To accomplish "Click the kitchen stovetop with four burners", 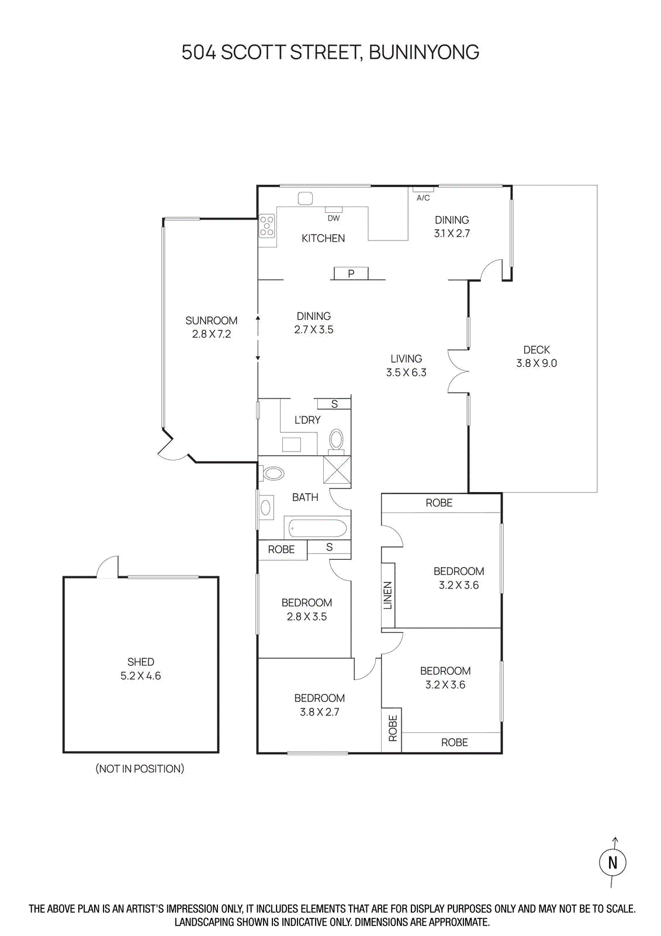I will coord(267,226).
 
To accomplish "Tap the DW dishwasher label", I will coord(334,218).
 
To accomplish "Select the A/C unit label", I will coord(423,198).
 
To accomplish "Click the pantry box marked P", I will coord(351,273).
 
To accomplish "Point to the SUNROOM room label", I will coord(212,321).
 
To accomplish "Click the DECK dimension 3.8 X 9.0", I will coord(537,363).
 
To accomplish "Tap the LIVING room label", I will coord(406,359).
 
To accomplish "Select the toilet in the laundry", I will coord(337,440).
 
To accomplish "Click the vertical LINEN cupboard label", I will coord(387,596).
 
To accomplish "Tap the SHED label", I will coord(141,662).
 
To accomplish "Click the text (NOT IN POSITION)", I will coord(140,769).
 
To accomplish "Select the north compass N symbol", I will coord(612,862).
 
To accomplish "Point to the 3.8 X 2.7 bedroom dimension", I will coord(320,712).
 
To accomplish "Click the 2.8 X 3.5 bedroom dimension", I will coord(307,617).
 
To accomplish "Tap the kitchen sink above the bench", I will coord(305,198).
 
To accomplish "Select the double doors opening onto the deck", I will coord(459,371).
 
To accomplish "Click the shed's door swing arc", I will coord(108,566).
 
